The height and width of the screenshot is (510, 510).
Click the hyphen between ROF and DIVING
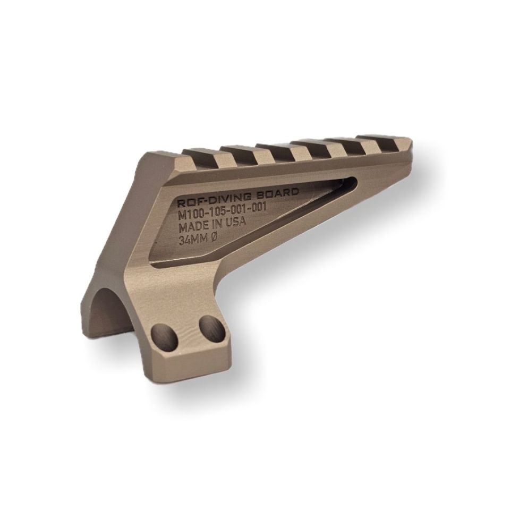pos(205,200)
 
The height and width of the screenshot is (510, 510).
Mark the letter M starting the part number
pos(182,216)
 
